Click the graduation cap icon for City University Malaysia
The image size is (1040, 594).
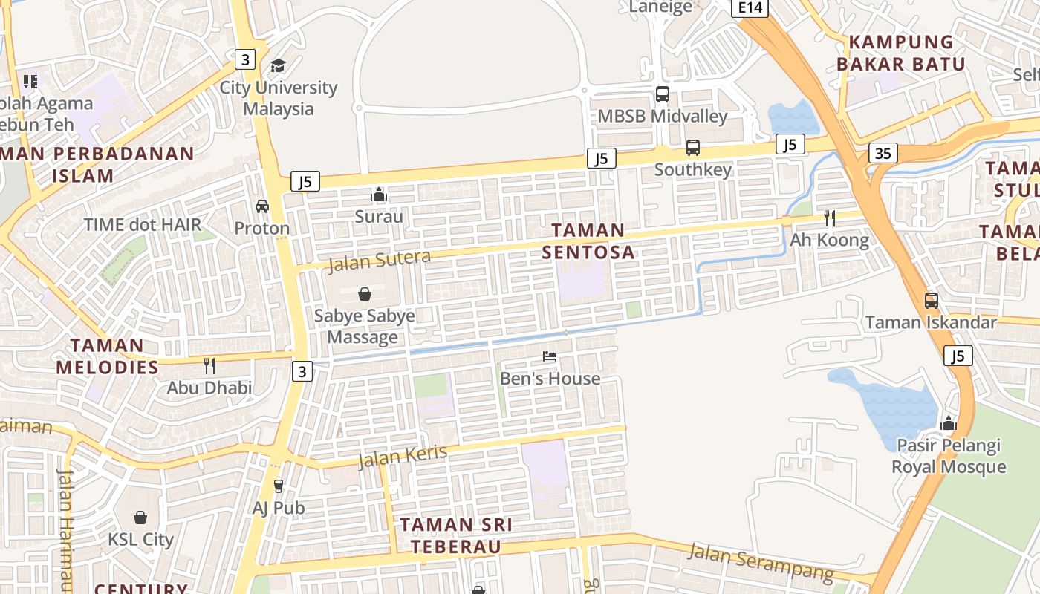(278, 66)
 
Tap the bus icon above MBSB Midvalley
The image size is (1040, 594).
(662, 94)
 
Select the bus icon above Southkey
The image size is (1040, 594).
(692, 148)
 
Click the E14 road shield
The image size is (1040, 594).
(749, 7)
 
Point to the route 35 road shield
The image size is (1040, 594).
(883, 154)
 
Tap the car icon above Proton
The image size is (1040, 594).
(261, 206)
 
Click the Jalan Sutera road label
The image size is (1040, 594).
(379, 261)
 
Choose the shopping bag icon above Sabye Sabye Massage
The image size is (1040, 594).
(364, 294)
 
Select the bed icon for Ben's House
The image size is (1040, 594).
(550, 356)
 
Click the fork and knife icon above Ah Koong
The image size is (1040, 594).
(829, 218)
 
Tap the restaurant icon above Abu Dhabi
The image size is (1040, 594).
(209, 365)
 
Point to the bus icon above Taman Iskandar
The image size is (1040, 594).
(931, 301)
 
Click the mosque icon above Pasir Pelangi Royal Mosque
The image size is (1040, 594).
(948, 424)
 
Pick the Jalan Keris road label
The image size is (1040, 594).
(403, 457)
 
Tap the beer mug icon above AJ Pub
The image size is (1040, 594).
(279, 486)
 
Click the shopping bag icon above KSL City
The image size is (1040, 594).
(140, 518)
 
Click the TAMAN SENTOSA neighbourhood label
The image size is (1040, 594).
(588, 241)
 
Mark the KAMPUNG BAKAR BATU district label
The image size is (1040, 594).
(901, 53)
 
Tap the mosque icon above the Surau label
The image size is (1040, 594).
(379, 195)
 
